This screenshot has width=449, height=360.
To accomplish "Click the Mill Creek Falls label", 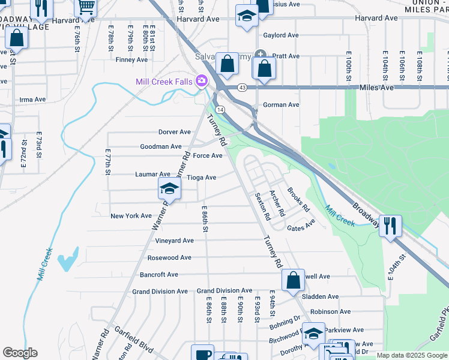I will point(164,81).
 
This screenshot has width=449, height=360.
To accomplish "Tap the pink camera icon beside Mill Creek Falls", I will point(202,80).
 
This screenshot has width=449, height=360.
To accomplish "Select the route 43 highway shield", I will point(242,88).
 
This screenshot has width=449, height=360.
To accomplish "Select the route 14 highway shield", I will point(220,110).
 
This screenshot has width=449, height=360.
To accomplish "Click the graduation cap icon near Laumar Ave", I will point(169,189).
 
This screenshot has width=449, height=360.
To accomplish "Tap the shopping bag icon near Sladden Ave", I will point(293,280).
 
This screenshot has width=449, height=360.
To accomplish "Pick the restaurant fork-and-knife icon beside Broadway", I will point(390,226).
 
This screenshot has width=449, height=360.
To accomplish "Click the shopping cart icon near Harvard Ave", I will point(86,7).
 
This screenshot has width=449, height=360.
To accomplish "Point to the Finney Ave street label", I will point(131,59).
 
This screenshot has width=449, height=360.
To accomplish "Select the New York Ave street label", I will point(131,216).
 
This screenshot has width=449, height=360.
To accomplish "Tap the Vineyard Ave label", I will point(175,241).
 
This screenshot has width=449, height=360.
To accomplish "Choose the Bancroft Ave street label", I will point(158,275).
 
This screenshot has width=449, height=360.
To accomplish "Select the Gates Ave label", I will point(301,227).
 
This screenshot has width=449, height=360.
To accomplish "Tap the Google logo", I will point(20,353).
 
